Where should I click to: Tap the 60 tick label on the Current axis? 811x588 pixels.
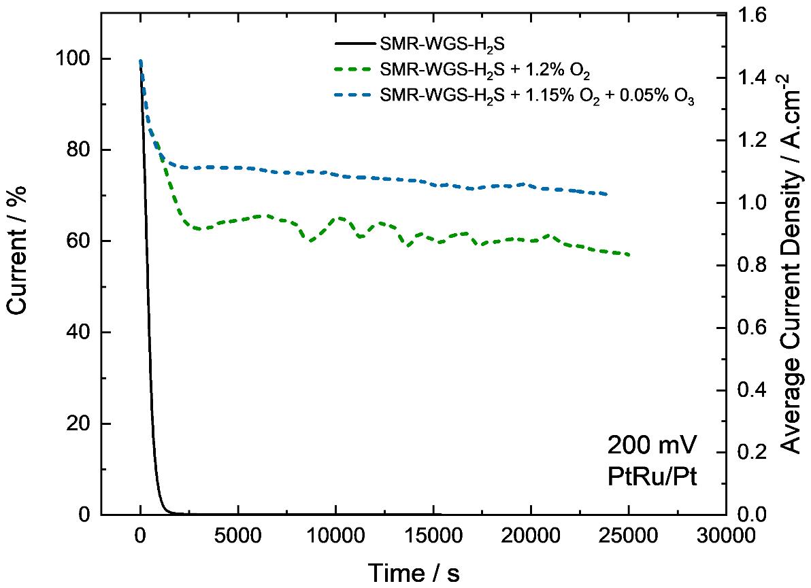[77, 241]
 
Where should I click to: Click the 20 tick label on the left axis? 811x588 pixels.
[77, 423]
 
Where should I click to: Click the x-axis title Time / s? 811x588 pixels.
[414, 572]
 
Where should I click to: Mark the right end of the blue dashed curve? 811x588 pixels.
[606, 194]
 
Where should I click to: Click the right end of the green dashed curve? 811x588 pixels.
[629, 255]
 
